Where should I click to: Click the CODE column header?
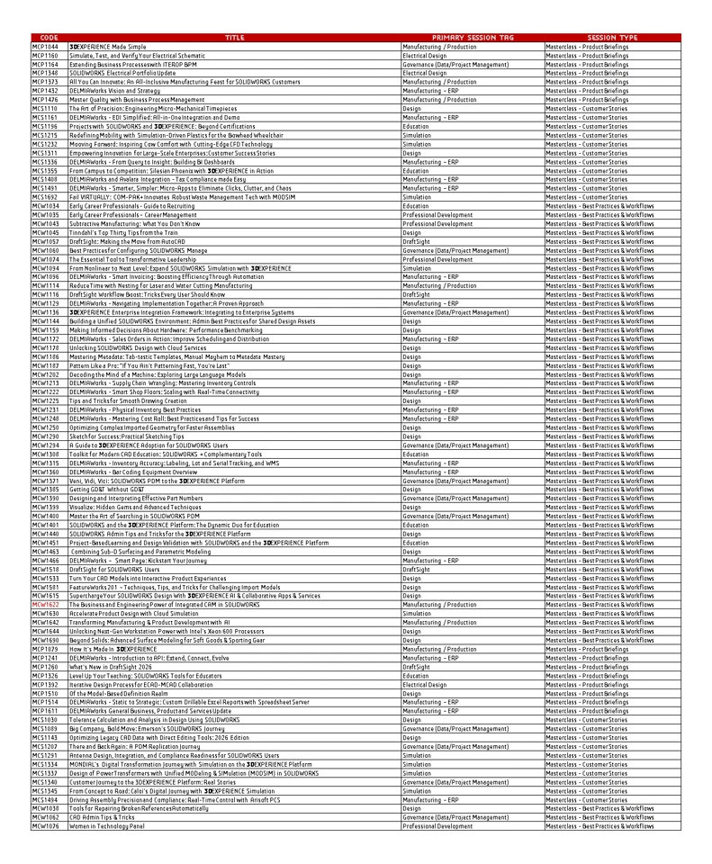[49, 38]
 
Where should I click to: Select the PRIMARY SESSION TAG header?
[473, 38]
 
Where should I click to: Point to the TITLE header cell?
[234, 38]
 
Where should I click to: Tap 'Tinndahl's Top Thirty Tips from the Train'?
[131, 232]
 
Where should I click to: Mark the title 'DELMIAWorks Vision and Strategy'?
[114, 90]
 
